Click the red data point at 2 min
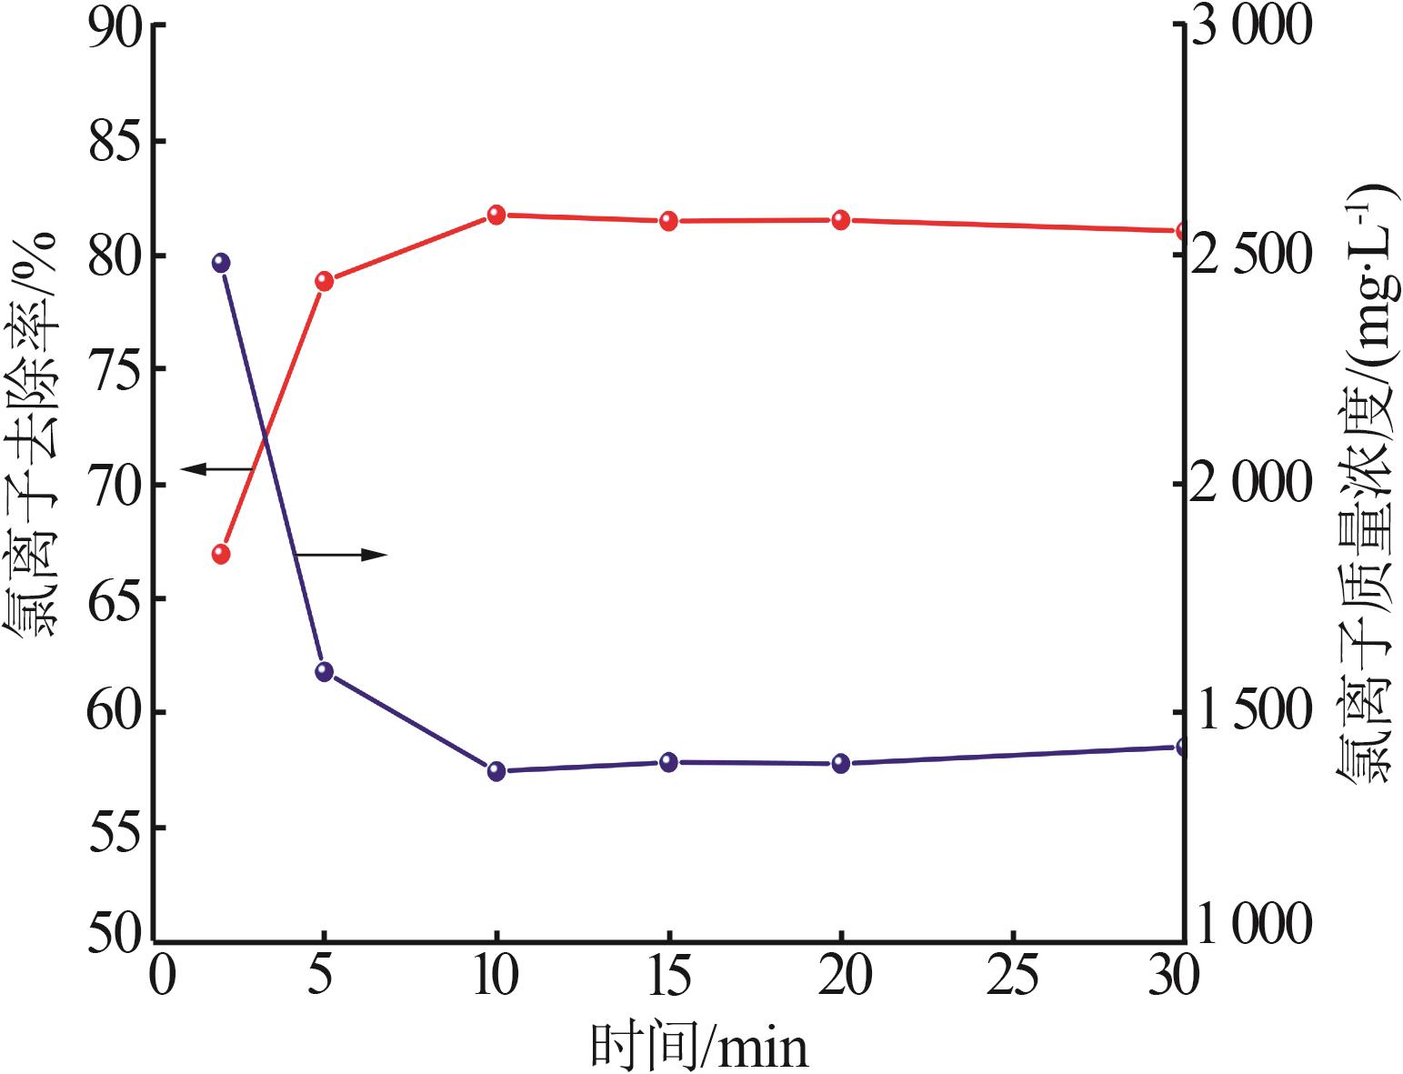(x=221, y=554)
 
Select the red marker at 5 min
(x=325, y=280)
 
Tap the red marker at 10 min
(x=496, y=215)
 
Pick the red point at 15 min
(x=669, y=220)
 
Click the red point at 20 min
(x=841, y=219)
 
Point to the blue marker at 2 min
(x=221, y=263)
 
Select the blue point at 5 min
(x=325, y=671)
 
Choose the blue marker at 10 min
(x=496, y=771)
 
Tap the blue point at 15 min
(x=669, y=762)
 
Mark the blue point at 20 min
(x=841, y=763)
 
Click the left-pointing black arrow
(x=216, y=469)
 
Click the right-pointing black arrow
(x=342, y=555)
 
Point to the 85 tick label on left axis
(x=117, y=143)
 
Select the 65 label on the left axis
(x=117, y=599)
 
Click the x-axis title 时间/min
(x=699, y=1047)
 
